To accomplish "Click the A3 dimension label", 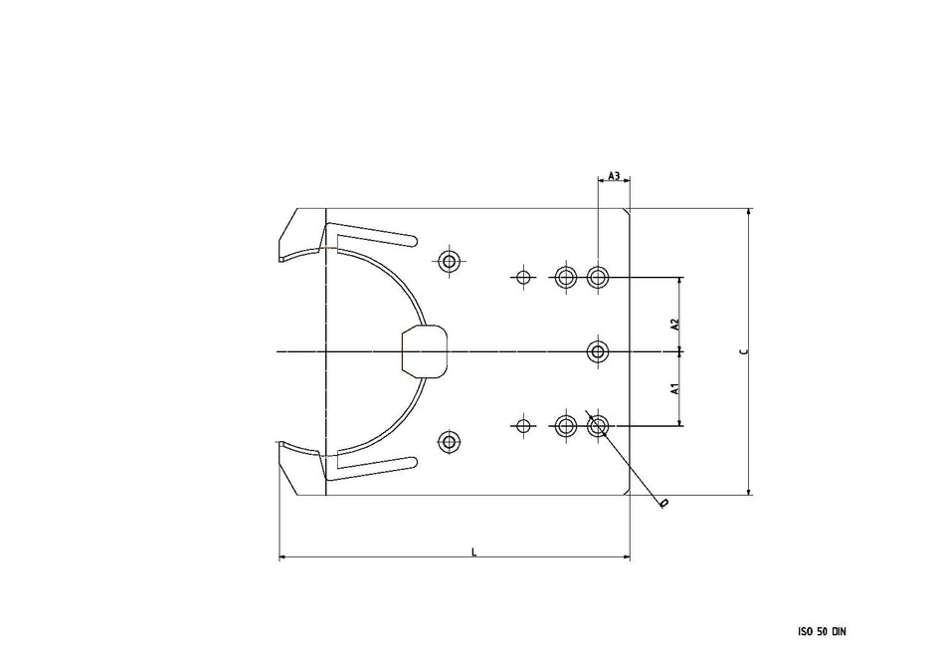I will (614, 176).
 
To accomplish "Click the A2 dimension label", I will (673, 325).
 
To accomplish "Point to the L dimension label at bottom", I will (473, 551).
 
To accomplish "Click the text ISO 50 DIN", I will (822, 631).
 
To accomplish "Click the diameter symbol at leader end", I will (663, 504).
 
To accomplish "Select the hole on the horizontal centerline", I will (598, 351).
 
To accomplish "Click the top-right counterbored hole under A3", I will (598, 277).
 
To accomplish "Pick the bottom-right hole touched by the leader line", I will (598, 426).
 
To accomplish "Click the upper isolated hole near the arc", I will (450, 263).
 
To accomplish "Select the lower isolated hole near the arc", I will (450, 440).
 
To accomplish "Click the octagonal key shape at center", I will (425, 350).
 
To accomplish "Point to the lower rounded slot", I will (376, 466).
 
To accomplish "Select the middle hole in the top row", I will (566, 277).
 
